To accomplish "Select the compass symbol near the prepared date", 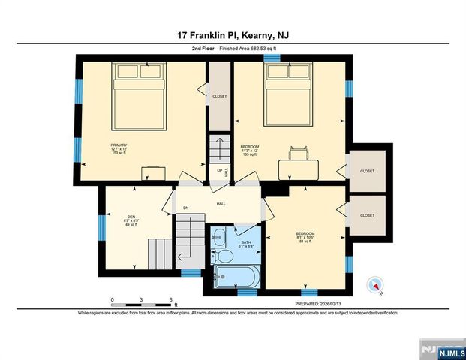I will [x=376, y=284].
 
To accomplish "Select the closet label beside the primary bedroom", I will [x=220, y=96].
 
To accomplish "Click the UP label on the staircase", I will [x=220, y=169].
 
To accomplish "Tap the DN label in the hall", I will [x=185, y=208].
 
